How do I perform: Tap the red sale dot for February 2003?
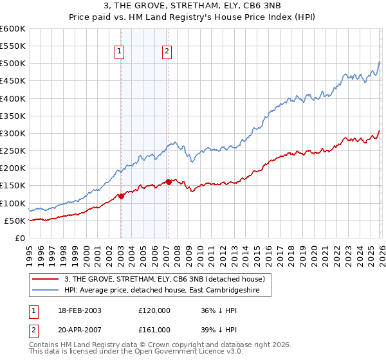click(121, 196)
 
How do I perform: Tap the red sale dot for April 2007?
click(169, 182)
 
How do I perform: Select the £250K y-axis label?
click(13, 151)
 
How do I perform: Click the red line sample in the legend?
click(46, 279)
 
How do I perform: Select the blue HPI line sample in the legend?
click(46, 290)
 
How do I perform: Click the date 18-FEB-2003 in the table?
click(78, 310)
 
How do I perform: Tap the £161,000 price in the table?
click(154, 330)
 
